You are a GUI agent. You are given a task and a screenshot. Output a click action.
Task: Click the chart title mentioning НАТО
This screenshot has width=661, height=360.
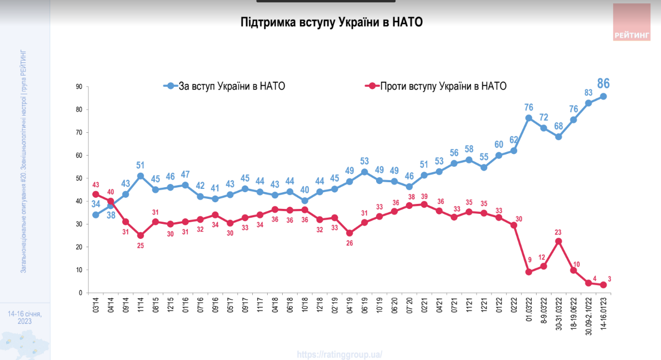tap(332, 22)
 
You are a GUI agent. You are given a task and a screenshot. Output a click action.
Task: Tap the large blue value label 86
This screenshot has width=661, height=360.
tap(603, 84)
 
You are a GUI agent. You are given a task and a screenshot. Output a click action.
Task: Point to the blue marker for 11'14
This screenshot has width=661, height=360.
tap(141, 176)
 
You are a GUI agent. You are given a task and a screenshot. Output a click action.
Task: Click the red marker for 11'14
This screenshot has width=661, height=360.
tap(141, 236)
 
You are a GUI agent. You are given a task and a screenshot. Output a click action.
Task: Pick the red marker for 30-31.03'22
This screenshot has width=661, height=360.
tap(559, 241)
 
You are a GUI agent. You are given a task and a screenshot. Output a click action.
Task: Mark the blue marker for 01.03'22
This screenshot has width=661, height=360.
tap(529, 118)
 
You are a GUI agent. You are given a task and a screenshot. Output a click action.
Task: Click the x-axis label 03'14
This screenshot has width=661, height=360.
tap(96, 305)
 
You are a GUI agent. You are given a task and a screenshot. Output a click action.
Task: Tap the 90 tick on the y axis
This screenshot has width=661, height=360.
tap(79, 87)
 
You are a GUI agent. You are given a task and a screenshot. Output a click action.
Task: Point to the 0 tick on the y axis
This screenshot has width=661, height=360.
tap(81, 293)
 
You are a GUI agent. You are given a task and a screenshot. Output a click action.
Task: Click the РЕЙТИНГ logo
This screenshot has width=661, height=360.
tap(632, 22)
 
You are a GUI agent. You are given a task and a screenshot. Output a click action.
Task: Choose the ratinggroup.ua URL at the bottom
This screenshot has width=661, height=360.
tap(339, 354)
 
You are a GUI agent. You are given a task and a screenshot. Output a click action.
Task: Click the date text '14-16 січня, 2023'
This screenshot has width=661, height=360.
tap(24, 318)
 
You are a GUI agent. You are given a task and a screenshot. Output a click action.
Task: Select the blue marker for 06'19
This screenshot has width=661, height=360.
tap(364, 172)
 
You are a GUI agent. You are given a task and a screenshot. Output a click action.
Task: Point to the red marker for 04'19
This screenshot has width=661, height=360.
tap(349, 233)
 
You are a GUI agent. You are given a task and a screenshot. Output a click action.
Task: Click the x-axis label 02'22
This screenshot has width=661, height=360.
tap(514, 305)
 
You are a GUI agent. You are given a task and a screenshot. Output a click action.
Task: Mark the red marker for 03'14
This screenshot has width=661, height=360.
tap(96, 194)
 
